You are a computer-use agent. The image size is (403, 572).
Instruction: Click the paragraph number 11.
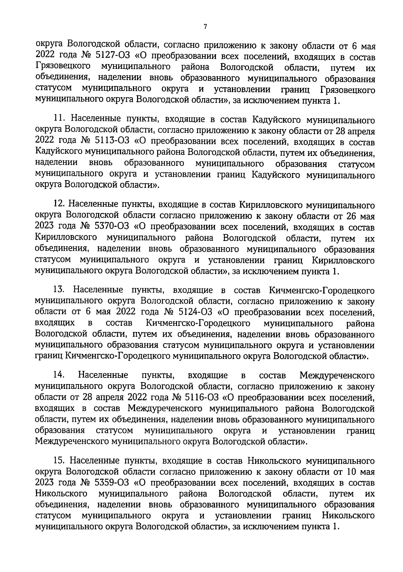(x=59, y=120)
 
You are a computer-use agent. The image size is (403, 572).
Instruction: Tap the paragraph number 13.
(x=60, y=290)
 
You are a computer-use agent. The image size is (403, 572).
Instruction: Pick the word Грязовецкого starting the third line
(x=62, y=67)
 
